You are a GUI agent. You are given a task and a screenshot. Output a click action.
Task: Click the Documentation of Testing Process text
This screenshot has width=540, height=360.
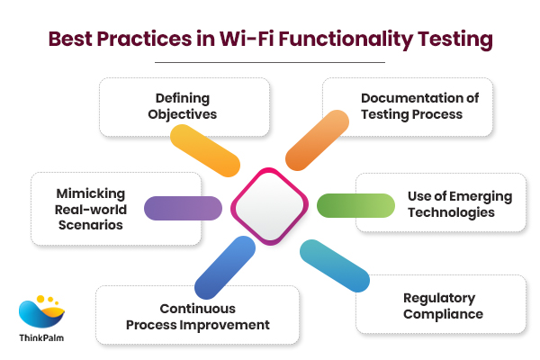point(411,106)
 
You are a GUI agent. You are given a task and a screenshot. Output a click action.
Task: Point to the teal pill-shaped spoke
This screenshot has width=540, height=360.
point(334,265)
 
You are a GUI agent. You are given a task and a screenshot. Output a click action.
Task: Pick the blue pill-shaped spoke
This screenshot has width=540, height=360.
point(223,266)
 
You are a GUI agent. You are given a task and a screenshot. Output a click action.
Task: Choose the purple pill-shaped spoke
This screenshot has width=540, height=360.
point(183,209)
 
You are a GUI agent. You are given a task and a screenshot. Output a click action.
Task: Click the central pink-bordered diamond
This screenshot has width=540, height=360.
point(270,206)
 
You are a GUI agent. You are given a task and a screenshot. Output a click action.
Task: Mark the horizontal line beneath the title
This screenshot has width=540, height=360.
point(270,62)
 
